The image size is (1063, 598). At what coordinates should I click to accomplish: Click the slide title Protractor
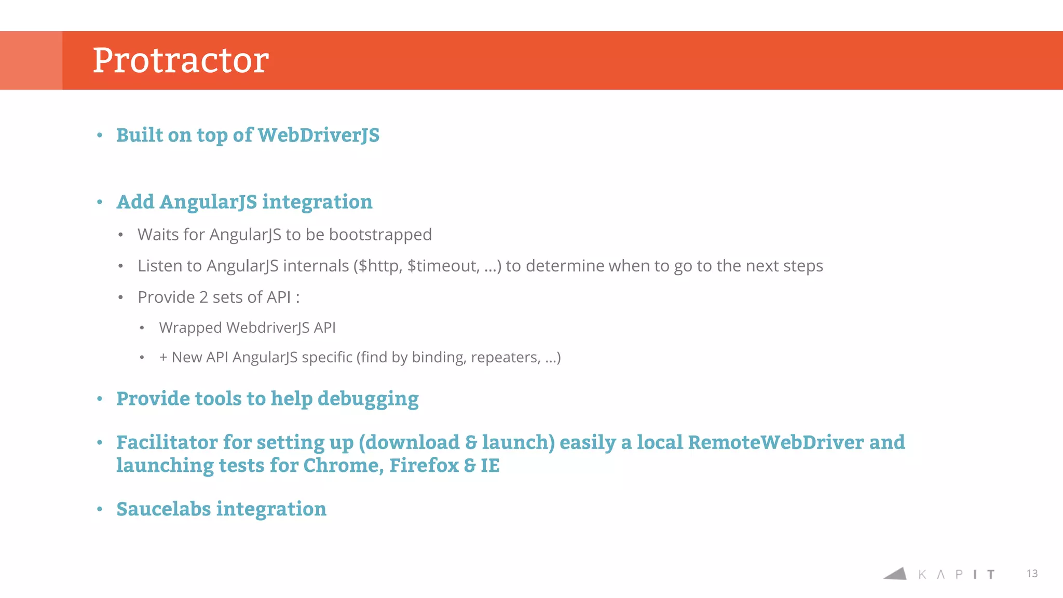coord(181,60)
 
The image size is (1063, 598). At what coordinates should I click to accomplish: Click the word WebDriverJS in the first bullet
coord(319,135)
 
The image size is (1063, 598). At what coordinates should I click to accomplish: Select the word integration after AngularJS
coord(317,202)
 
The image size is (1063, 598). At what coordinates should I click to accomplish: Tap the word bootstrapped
coord(380,235)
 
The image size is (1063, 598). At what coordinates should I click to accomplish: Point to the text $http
coord(378,266)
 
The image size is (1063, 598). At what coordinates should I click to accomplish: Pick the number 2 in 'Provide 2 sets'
coord(203,297)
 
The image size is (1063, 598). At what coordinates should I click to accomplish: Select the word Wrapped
coord(190,328)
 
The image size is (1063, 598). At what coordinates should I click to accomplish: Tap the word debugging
coord(368,399)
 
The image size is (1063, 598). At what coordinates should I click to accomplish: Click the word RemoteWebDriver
coord(776,442)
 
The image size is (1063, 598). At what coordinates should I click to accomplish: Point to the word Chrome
coord(343,466)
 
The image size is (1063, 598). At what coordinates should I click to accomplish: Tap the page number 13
coord(1032,574)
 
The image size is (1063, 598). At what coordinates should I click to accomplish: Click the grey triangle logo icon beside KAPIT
coord(896,574)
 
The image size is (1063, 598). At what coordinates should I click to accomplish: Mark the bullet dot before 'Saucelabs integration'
coord(100,509)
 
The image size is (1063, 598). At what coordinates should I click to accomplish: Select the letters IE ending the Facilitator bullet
coord(490,466)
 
